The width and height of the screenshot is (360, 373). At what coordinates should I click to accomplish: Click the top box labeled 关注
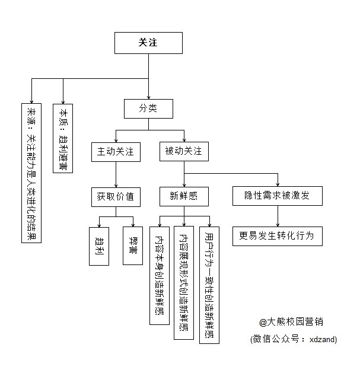click(x=148, y=43)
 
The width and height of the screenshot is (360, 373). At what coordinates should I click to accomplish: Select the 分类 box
click(x=148, y=109)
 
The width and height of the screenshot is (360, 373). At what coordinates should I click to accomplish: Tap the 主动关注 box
click(x=116, y=152)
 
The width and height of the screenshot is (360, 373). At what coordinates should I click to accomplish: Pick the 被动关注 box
click(x=184, y=152)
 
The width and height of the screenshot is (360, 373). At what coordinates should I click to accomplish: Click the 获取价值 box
click(x=116, y=197)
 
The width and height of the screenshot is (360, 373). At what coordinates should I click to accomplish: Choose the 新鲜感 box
click(x=184, y=196)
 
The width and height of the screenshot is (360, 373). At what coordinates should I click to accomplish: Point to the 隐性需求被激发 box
click(x=278, y=196)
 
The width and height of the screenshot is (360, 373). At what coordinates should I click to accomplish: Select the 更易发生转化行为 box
click(x=278, y=236)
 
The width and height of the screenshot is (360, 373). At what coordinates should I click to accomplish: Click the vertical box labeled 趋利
click(x=99, y=246)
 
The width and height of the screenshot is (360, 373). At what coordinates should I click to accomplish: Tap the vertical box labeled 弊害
click(x=133, y=246)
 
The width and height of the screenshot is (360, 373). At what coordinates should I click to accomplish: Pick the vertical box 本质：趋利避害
click(x=63, y=138)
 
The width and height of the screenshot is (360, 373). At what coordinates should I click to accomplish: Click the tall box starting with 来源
click(x=31, y=173)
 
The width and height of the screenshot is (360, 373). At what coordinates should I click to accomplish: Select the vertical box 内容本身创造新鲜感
click(x=160, y=276)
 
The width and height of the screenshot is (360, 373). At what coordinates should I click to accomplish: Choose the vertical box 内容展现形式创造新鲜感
click(x=184, y=283)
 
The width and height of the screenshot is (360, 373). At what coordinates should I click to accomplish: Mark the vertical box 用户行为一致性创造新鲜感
click(x=209, y=285)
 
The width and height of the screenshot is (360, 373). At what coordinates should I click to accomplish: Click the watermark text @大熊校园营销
click(x=291, y=322)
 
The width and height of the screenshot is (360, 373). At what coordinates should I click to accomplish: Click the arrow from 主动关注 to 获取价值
click(x=116, y=174)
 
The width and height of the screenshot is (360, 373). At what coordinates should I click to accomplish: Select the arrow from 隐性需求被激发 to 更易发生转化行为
click(x=278, y=216)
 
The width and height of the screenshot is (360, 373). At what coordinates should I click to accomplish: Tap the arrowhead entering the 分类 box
click(x=148, y=97)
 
